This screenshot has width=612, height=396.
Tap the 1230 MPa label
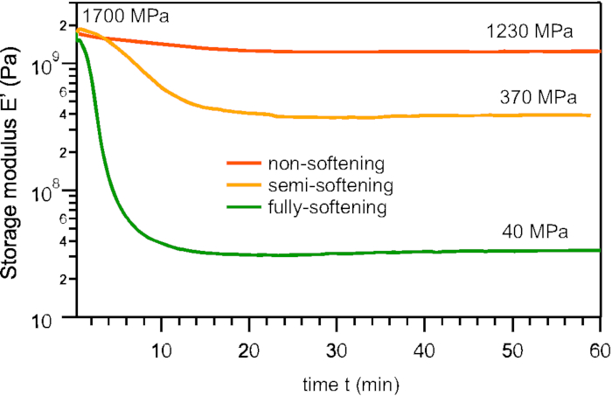(x=530, y=32)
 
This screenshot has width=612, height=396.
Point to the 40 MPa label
(x=535, y=232)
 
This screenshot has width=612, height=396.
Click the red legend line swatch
(x=244, y=163)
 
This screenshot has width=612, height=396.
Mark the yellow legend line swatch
(x=244, y=185)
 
